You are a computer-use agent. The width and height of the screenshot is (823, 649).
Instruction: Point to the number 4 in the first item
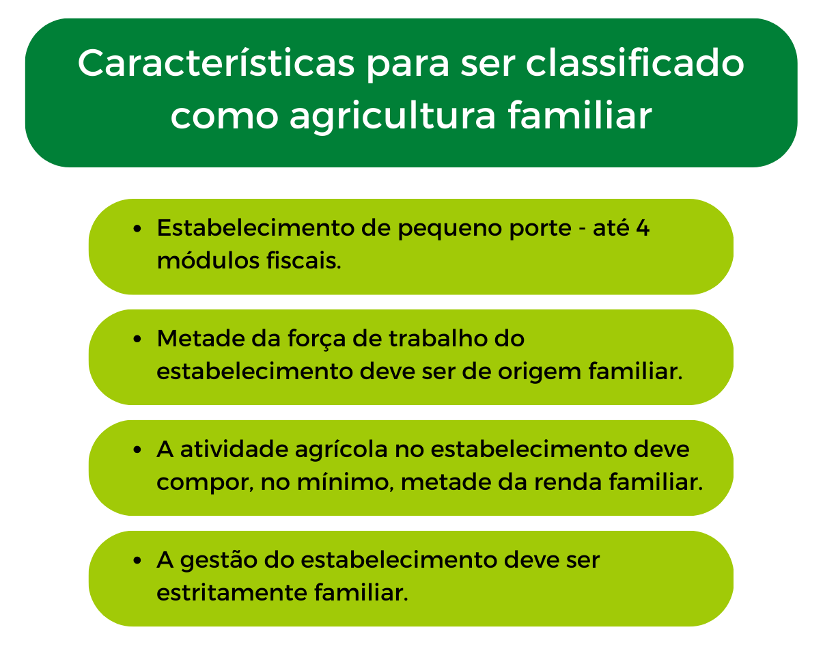pos(642,227)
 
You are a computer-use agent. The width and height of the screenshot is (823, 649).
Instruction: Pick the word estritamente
pos(231,592)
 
